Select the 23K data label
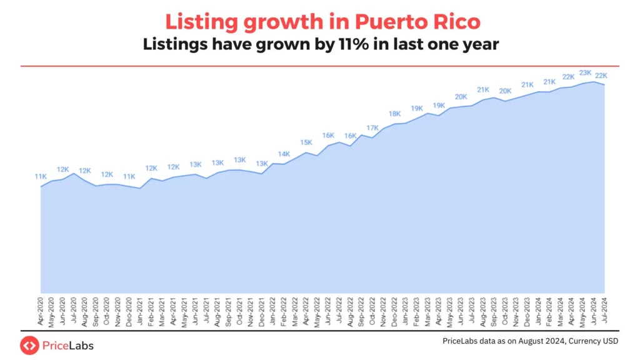(586, 72)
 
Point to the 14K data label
(284, 154)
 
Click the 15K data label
(306, 142)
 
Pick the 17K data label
(372, 128)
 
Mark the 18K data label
(395, 114)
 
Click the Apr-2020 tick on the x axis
(41, 311)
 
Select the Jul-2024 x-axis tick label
(604, 311)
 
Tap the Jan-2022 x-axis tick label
(273, 311)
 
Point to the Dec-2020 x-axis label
(129, 311)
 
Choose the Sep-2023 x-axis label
(494, 311)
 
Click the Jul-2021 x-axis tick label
(207, 311)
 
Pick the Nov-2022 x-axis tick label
(383, 311)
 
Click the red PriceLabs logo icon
(29, 344)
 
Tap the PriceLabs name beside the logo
(68, 344)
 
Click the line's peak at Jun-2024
(593, 82)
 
